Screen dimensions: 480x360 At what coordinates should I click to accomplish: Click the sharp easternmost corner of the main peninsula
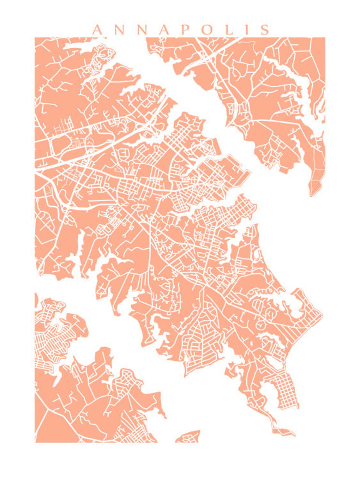[x=322, y=315]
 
